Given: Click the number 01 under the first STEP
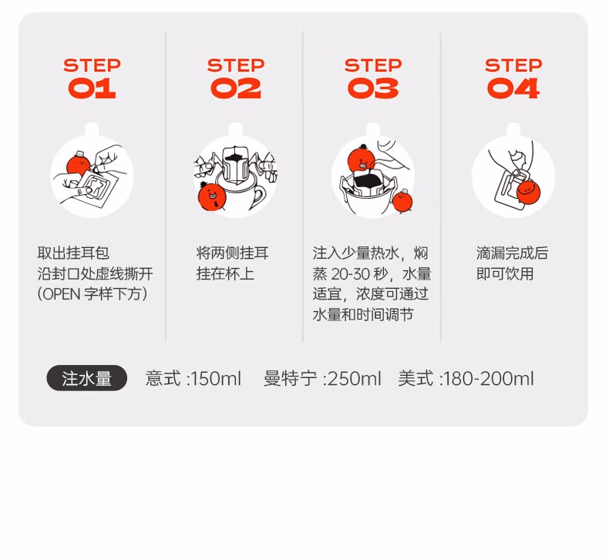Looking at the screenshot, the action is click(x=92, y=88).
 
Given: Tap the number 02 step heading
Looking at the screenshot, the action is click(x=236, y=88).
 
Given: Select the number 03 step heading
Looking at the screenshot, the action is click(x=373, y=88).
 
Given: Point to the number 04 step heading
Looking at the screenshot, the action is click(x=513, y=88).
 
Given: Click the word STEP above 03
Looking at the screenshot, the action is click(x=373, y=65).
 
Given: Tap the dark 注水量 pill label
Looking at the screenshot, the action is click(x=86, y=378).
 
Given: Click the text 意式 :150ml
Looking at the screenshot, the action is click(x=193, y=378).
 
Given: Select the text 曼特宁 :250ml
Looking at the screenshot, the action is click(x=322, y=378).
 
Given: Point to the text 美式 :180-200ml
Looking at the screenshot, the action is click(x=466, y=378).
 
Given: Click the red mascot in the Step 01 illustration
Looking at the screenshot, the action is click(x=79, y=163).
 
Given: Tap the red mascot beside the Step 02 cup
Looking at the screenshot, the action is click(x=212, y=195).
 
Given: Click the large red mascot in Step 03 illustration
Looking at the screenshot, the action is click(x=362, y=160).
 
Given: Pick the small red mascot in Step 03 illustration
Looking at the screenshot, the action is click(x=402, y=201).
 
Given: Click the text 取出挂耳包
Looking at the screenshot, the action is click(x=73, y=253).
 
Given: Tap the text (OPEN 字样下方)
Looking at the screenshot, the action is click(x=93, y=293).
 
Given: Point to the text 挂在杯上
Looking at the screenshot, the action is click(x=225, y=273).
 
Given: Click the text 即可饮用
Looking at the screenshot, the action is click(x=505, y=273).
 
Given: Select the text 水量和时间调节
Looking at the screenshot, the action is click(x=363, y=314).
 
